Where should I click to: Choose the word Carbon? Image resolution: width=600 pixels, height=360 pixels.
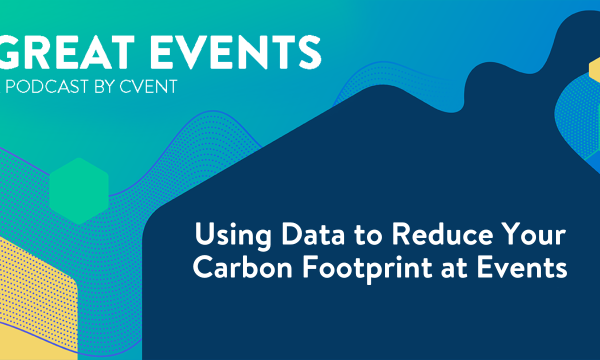(239, 270)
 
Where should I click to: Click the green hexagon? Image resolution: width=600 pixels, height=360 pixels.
(78, 190)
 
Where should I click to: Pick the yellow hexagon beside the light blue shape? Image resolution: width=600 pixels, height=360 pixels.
(592, 75)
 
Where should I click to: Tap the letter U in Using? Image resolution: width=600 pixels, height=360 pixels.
(203, 239)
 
